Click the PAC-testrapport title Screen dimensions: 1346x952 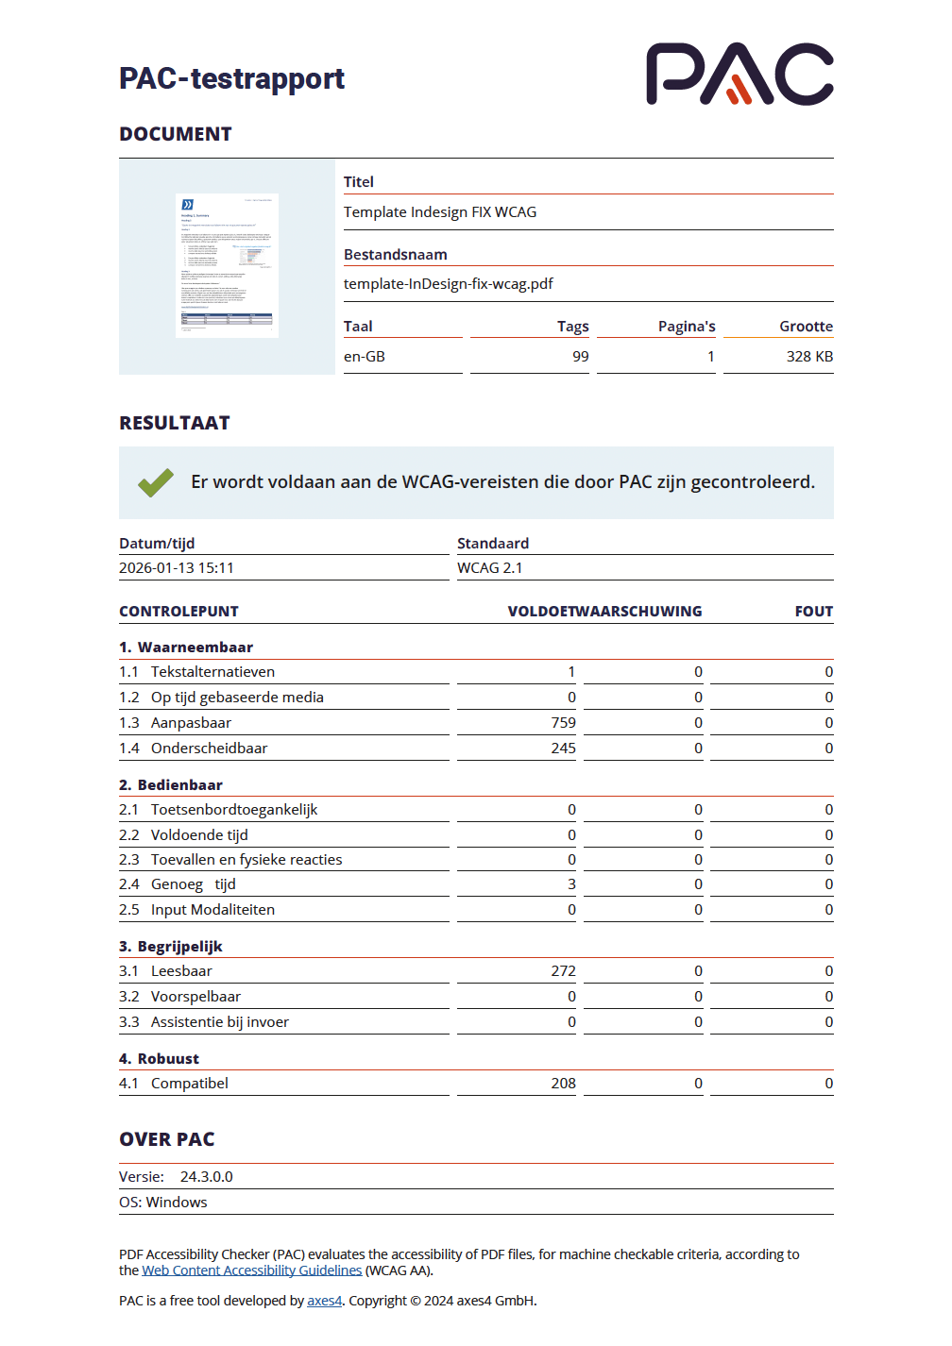[231, 78]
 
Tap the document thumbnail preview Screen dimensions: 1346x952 [227, 265]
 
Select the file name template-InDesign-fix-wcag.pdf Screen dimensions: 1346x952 [448, 284]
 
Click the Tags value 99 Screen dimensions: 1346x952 [580, 357]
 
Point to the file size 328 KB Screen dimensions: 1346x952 [809, 357]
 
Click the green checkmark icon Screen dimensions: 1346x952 [156, 482]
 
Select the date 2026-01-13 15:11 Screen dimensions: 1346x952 [177, 568]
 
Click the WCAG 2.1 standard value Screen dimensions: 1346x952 [489, 568]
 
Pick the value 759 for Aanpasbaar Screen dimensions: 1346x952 [563, 723]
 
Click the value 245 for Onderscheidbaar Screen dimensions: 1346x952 [563, 749]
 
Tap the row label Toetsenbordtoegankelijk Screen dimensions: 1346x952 [234, 810]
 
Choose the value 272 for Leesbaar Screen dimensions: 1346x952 [563, 971]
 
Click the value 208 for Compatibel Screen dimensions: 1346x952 [563, 1084]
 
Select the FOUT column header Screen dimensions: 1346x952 [813, 612]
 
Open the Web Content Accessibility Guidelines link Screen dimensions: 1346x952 [251, 1270]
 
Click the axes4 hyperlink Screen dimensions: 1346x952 [324, 1301]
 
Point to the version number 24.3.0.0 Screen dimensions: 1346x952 [206, 1177]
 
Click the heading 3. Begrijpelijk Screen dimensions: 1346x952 [171, 947]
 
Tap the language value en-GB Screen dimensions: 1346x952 [365, 357]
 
